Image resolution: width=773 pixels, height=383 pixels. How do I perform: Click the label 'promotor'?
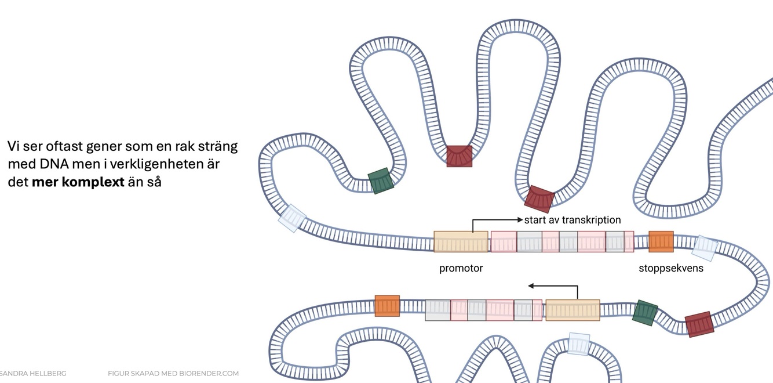pos(461,268)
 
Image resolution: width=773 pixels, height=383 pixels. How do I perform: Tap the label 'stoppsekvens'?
pos(670,268)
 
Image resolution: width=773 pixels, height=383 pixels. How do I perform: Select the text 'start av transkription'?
pos(572,220)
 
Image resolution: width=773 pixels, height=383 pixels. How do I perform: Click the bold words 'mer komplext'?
pos(78,181)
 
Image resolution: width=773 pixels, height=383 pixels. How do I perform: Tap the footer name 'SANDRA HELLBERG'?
pos(32,373)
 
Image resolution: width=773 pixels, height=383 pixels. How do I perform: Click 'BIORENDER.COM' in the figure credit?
pos(209,373)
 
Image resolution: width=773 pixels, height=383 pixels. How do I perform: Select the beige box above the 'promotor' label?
pos(461,241)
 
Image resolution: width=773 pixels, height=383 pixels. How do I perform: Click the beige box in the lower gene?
pos(573,310)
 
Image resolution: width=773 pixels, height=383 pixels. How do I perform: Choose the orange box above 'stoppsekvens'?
pos(661,241)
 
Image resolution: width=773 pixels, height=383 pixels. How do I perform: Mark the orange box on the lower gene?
pos(387,306)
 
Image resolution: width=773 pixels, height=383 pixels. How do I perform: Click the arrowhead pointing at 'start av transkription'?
pos(520,220)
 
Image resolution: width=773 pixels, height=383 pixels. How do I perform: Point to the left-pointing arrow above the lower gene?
pos(531,286)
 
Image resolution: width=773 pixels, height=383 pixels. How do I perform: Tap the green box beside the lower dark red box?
pos(644,312)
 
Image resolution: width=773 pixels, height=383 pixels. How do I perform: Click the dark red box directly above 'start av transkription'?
pos(539,198)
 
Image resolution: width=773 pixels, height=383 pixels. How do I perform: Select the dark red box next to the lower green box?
pos(698,324)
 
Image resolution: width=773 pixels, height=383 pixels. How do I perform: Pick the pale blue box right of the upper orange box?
pos(704,247)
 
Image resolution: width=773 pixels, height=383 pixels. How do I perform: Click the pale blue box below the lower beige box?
pos(578,344)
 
